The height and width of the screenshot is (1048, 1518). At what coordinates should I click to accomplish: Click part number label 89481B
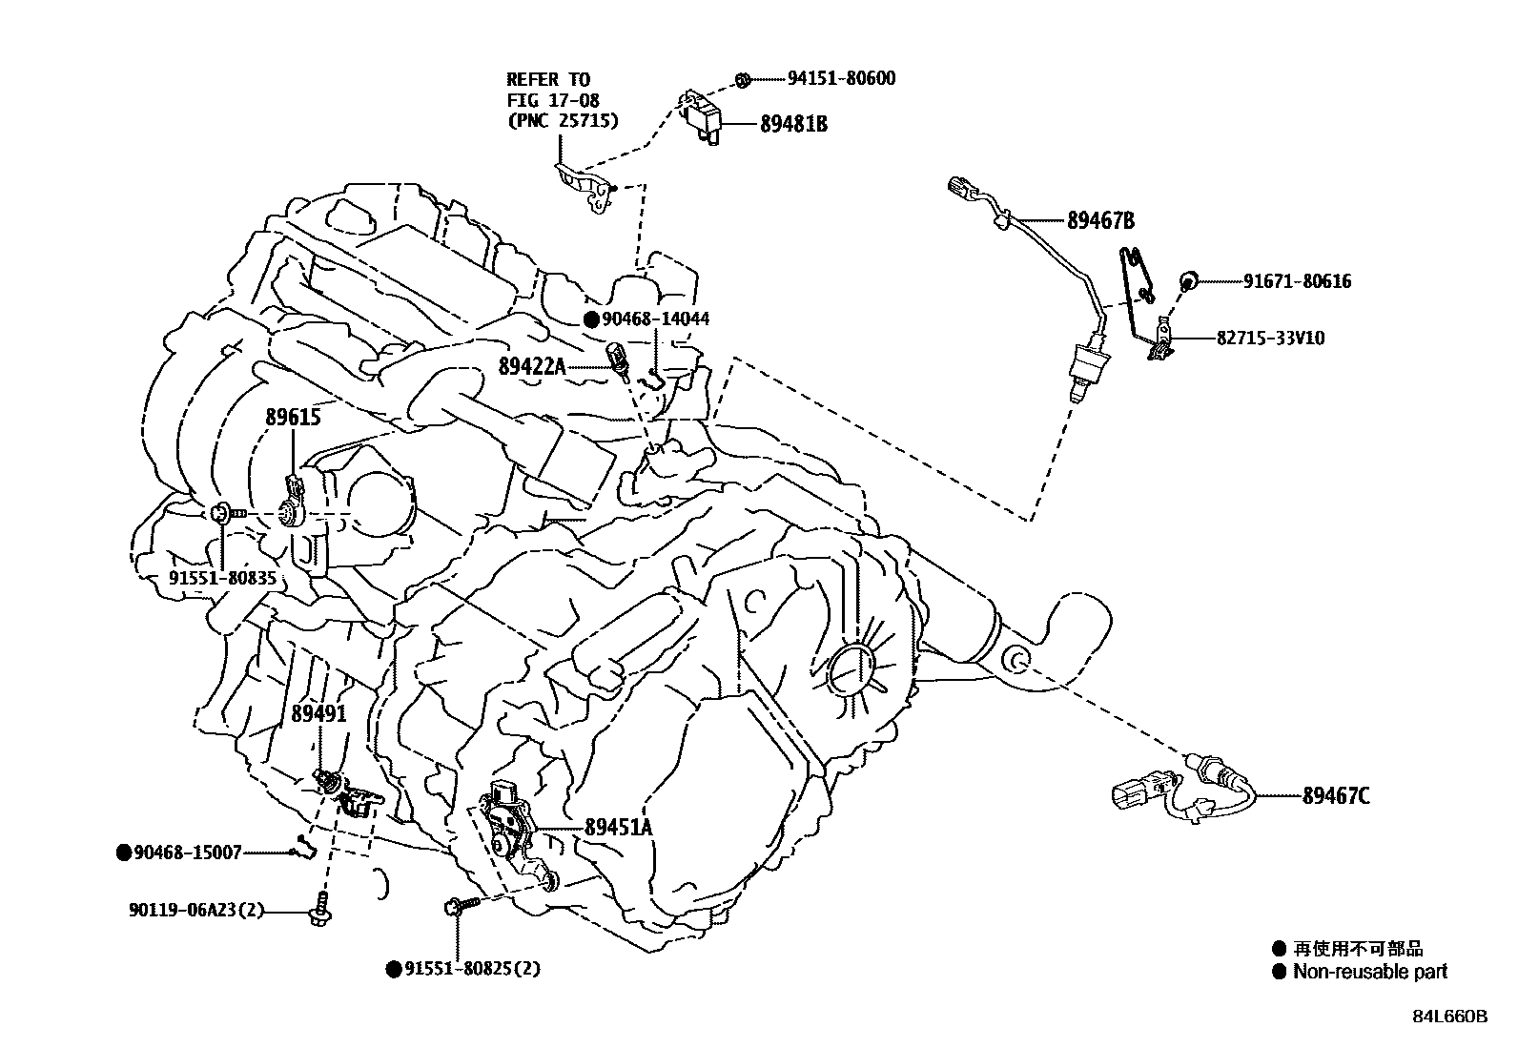pos(793,124)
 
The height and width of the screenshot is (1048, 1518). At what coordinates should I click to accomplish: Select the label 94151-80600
pos(841,79)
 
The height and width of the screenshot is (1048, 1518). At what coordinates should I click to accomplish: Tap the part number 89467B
pos(1100,221)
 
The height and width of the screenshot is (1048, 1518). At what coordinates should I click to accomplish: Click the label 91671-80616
pos(1297,281)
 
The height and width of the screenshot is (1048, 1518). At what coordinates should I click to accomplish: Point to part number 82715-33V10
pos(1269,339)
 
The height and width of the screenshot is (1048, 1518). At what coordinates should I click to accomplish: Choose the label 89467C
pos(1336,796)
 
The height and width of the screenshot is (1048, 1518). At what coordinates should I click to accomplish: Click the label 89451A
pos(618,828)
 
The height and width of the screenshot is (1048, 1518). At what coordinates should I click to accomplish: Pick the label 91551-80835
pos(223,579)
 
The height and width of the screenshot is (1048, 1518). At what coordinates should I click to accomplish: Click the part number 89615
pos(293,418)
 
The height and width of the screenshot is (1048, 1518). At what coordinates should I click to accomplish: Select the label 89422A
pos(532,365)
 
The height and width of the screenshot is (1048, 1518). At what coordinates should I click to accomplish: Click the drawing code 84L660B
pos(1450,1017)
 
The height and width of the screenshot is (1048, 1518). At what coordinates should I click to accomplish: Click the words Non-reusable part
pos(1369,972)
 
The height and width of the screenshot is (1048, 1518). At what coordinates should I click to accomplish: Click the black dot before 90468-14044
pos(592,319)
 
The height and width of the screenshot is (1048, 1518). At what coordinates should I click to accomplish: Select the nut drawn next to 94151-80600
pos(743,79)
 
